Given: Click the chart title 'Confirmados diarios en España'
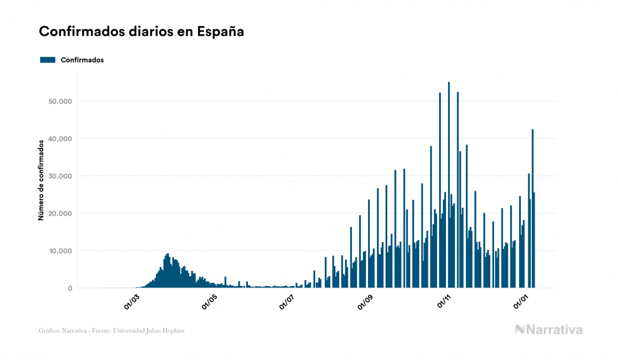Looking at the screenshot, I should (142, 32).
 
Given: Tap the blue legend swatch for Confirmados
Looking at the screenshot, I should (48, 60).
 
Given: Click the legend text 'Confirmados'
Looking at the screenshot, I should (82, 60).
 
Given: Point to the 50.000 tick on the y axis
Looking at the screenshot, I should (60, 101).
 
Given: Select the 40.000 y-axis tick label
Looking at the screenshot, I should (60, 139).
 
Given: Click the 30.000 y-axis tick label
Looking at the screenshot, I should (60, 176).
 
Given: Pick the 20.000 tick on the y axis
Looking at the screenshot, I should (60, 214).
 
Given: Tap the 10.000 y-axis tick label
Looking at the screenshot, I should (60, 251).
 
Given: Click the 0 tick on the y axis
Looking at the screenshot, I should (69, 288).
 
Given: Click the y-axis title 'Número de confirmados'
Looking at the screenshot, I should (41, 181).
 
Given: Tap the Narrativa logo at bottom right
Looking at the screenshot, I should (549, 330).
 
